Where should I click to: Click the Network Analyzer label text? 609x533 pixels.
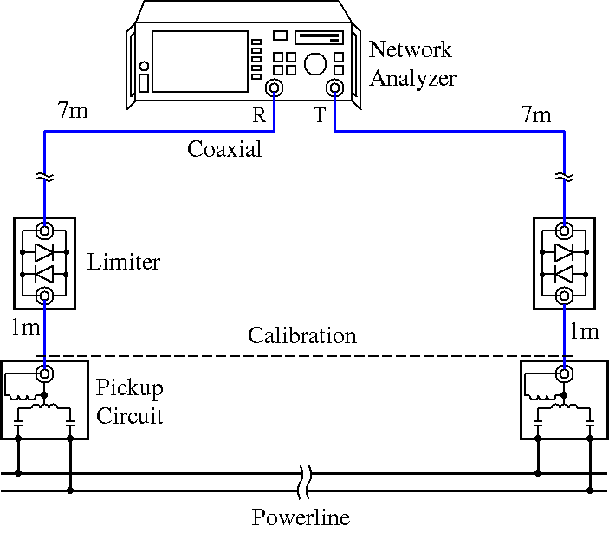click(x=412, y=63)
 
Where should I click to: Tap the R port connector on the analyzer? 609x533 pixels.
click(x=275, y=88)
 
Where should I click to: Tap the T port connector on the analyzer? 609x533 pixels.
click(x=334, y=88)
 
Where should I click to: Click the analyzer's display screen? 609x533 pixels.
click(x=199, y=61)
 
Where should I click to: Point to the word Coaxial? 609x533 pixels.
click(x=224, y=149)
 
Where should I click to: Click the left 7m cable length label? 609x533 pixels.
click(x=73, y=111)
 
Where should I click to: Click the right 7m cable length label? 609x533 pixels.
click(x=536, y=114)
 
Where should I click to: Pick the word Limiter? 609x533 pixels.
click(x=124, y=262)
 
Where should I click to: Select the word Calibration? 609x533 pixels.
click(x=301, y=335)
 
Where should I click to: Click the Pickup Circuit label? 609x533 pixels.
click(x=129, y=401)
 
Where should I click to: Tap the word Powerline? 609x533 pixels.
click(x=301, y=518)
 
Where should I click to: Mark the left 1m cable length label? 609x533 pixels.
click(x=25, y=328)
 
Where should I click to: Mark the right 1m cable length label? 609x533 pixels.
click(x=584, y=332)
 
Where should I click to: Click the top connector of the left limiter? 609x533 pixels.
click(x=43, y=231)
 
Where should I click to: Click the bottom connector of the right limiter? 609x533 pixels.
click(x=565, y=296)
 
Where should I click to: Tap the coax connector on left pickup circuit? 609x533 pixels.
click(x=43, y=374)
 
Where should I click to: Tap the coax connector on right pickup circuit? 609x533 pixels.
click(x=565, y=374)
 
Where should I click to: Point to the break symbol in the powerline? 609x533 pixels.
click(x=304, y=482)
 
